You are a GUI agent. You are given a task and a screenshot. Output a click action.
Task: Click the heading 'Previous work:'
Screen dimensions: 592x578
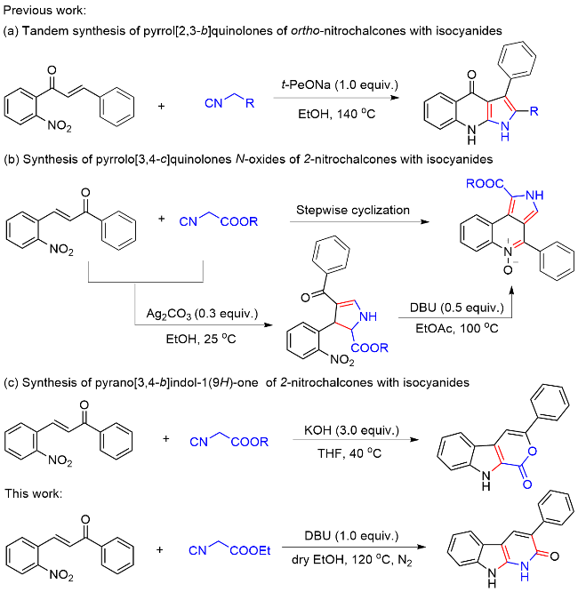click(x=36, y=11)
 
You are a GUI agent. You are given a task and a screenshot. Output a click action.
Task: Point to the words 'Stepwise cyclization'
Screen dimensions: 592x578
click(x=349, y=212)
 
